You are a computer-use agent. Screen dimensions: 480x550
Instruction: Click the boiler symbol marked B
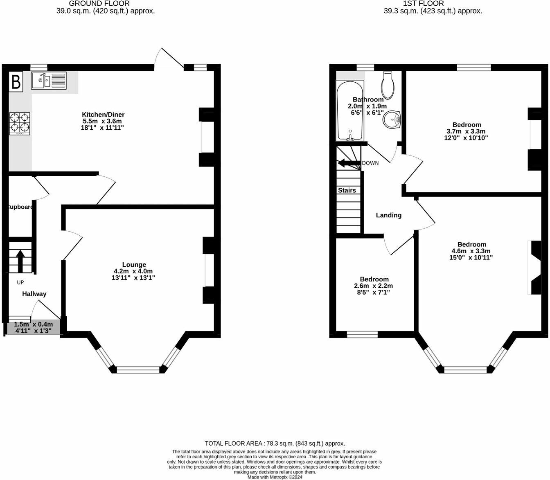(x=16, y=82)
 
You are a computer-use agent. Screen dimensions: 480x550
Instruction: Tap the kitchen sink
(x=48, y=80)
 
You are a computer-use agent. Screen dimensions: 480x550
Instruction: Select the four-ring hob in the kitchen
(x=20, y=124)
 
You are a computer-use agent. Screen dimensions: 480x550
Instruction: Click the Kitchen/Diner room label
(x=103, y=115)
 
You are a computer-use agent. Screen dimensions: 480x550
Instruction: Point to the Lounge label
(x=134, y=265)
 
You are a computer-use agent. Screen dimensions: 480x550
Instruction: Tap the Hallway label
(x=34, y=294)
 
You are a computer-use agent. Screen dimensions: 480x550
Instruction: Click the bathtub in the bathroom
(x=349, y=110)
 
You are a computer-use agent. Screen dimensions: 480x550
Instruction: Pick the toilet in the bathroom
(x=387, y=85)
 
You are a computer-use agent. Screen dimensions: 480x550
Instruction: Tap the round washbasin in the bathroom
(x=392, y=119)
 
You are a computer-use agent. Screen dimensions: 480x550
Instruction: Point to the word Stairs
(x=347, y=190)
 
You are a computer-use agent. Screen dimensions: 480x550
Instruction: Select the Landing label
(x=388, y=215)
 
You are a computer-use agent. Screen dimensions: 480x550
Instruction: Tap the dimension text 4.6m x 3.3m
(x=471, y=251)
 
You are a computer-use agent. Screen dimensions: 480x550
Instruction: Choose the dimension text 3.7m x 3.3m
(x=466, y=131)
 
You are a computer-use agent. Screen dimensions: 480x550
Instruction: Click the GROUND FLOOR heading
(x=99, y=3)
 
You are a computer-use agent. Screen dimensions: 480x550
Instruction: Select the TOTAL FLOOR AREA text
(x=275, y=443)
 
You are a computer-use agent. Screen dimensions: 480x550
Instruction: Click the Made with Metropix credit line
(x=275, y=477)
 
